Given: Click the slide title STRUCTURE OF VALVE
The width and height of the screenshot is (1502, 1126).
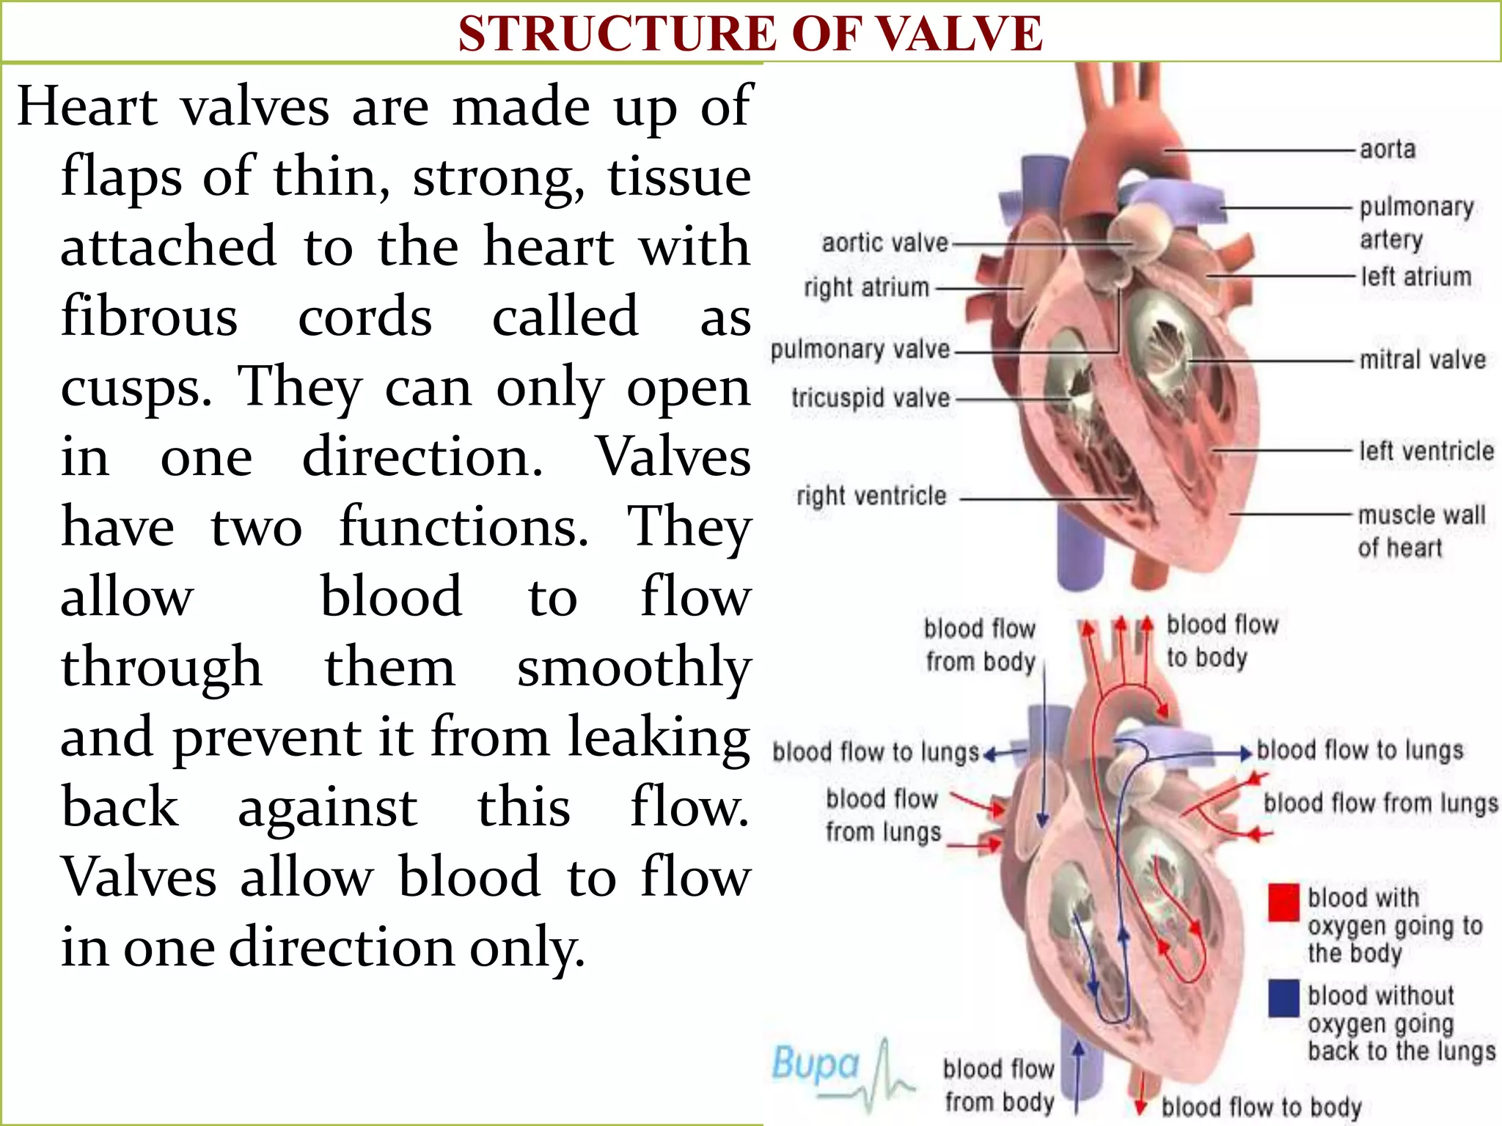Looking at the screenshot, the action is click(x=750, y=34).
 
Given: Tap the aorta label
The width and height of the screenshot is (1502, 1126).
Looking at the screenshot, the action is click(x=1387, y=150).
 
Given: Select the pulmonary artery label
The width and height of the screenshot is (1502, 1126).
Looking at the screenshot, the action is click(x=1415, y=223).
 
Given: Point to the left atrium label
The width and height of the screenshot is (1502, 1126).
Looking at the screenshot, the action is click(x=1415, y=277).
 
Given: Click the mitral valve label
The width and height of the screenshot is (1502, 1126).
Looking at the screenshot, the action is click(x=1422, y=360).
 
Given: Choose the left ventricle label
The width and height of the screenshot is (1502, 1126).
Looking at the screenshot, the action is click(x=1426, y=451).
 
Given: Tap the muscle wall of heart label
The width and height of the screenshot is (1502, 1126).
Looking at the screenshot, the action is click(x=1421, y=531).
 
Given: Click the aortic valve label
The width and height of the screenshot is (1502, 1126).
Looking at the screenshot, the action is click(x=884, y=243).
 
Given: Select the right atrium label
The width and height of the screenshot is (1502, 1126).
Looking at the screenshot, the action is click(x=866, y=287).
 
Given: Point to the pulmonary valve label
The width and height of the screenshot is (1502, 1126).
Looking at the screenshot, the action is click(x=860, y=350).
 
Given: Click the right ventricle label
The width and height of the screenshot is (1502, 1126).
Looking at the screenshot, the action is click(x=871, y=496).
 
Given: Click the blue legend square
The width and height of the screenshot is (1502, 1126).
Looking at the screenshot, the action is click(x=1283, y=998).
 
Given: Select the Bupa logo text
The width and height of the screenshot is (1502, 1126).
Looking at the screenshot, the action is click(x=816, y=1064).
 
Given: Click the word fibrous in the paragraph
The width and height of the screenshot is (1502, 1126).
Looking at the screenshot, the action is click(x=149, y=317).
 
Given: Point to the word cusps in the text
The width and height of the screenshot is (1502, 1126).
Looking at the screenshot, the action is click(x=136, y=388).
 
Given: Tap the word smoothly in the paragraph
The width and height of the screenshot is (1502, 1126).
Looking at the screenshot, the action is click(x=634, y=668).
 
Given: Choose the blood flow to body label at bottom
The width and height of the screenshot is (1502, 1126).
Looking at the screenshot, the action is click(x=1261, y=1106).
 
